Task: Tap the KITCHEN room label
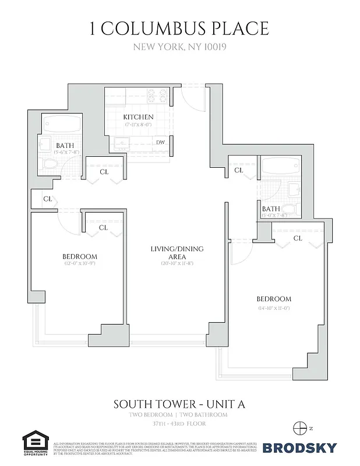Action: (x=138, y=117)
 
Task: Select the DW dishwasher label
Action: (x=160, y=142)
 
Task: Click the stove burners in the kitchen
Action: (x=157, y=95)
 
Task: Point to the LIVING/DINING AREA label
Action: (x=177, y=253)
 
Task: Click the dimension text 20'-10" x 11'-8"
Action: (x=177, y=264)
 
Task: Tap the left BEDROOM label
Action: (x=80, y=256)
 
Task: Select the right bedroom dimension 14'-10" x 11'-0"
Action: (x=274, y=308)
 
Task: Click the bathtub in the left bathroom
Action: (x=62, y=123)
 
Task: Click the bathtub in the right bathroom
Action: (x=280, y=167)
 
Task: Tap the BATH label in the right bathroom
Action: (x=271, y=209)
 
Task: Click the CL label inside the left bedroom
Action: (x=103, y=228)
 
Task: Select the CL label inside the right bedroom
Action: (x=297, y=238)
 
